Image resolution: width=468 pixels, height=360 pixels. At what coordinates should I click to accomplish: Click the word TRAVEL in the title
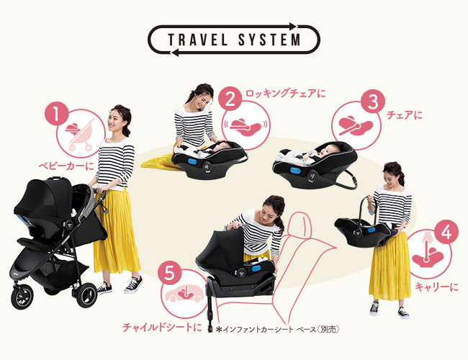197,40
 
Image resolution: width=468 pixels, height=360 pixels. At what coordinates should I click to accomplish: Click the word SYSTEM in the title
269,40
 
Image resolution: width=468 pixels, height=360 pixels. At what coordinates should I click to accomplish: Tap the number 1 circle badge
57,114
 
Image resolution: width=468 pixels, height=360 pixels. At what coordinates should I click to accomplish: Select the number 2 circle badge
230,99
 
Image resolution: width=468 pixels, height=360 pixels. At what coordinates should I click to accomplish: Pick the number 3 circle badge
373,102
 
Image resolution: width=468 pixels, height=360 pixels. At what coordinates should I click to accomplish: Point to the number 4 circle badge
446,233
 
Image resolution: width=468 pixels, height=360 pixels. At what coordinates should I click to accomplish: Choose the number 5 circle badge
169,273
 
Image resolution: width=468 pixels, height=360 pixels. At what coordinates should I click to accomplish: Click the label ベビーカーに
66,166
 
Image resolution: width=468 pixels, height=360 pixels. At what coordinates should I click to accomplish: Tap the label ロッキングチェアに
285,94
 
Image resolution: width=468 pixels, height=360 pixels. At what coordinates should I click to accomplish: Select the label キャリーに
436,287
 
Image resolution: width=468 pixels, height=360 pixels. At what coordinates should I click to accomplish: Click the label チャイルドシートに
162,327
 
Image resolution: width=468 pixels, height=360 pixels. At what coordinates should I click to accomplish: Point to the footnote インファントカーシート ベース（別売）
278,329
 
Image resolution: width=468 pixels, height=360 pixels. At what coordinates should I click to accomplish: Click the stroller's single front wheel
22,297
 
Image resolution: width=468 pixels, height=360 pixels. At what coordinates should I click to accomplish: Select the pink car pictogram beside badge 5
185,293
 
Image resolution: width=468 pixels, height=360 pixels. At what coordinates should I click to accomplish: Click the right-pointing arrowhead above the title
293,26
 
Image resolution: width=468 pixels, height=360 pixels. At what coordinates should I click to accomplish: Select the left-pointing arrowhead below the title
174,53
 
